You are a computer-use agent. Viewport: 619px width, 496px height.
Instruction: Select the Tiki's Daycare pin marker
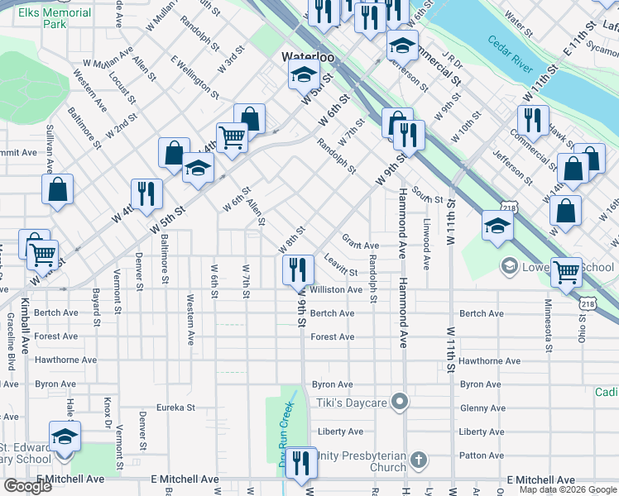coord(401,403)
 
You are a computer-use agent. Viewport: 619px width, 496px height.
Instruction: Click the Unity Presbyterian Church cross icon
coord(419,459)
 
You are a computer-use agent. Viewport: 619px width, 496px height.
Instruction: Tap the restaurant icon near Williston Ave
coord(298,269)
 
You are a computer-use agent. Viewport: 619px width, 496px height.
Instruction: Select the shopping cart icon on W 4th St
coord(232,136)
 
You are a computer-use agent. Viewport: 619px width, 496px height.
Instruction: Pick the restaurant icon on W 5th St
coord(146,193)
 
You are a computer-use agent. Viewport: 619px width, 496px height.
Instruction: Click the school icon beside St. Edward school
coord(65,436)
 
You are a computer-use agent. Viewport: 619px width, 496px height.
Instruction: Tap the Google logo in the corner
coord(27,485)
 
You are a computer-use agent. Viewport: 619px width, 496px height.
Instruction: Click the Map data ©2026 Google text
coord(568,489)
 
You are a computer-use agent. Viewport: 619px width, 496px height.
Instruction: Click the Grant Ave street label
coord(360,246)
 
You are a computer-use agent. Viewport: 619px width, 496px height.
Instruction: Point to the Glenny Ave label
coord(482,408)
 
